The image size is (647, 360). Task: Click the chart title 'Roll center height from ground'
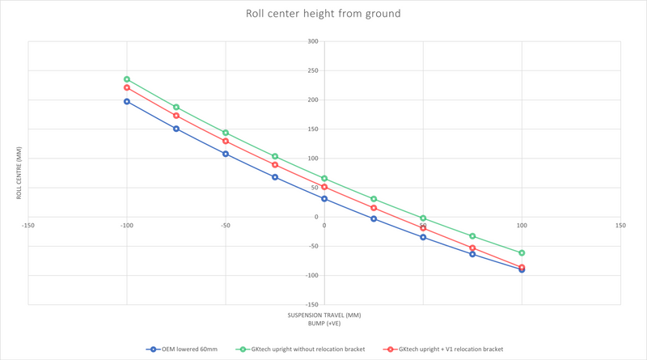[x=323, y=14]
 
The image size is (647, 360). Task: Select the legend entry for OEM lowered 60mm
[x=181, y=349]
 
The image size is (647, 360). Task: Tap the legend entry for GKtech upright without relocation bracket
[x=300, y=349]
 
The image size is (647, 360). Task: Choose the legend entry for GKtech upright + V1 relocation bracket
[x=443, y=349]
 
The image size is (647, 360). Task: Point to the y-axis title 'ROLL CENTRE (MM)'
[x=19, y=173]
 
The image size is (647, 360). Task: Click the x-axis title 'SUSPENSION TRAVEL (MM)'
[x=324, y=316]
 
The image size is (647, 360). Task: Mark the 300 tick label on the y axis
[x=313, y=41]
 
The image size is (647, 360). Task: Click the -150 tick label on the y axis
[x=311, y=305]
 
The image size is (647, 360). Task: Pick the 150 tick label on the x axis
[x=620, y=226]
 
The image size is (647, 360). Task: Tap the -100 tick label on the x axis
[x=127, y=226]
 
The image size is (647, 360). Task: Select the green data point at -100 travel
[x=127, y=79]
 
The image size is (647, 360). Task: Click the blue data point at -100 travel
[x=127, y=102]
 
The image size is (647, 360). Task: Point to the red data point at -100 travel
[x=127, y=87]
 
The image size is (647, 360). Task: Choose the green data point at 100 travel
[x=522, y=252]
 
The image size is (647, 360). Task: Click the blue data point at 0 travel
[x=324, y=199]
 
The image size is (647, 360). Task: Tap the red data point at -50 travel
[x=226, y=142]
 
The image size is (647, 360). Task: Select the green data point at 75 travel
[x=472, y=236]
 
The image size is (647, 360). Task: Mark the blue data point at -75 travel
[x=176, y=129]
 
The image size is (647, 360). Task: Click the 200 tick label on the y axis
[x=313, y=100]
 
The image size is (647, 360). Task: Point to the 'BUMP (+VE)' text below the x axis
[x=324, y=324]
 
